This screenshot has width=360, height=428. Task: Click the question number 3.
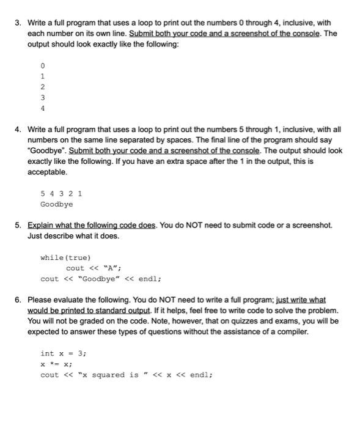pos(18,23)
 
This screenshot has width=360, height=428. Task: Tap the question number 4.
pos(18,130)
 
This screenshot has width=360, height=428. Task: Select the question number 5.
pos(18,225)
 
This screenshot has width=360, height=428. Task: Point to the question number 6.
pos(18,300)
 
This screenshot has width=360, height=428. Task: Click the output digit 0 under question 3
pos(42,64)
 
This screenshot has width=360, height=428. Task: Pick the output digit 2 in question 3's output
pos(42,86)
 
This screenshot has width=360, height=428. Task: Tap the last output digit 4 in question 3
pos(42,108)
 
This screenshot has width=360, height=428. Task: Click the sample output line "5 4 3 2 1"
pos(61,193)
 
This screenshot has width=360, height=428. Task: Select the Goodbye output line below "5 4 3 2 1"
pos(56,204)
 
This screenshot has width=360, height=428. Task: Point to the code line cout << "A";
pos(94,268)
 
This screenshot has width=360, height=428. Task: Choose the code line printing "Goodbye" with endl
pos(100,279)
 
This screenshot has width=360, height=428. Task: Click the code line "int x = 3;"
pos(64,353)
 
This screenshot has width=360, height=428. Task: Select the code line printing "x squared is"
pos(126,375)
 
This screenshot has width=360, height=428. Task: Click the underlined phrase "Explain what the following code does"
pos(92,225)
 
